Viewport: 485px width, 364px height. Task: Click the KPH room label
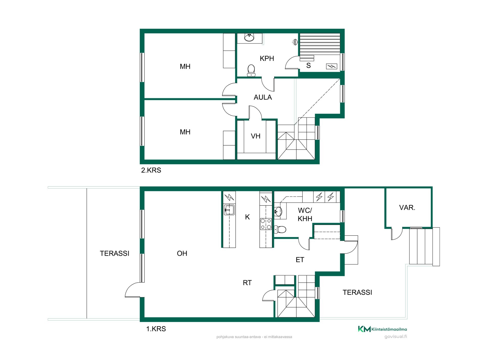[267, 58]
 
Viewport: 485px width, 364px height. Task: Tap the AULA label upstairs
[263, 97]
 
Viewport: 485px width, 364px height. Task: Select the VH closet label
[255, 136]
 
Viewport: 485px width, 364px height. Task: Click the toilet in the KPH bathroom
[251, 70]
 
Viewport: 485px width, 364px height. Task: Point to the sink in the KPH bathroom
[249, 37]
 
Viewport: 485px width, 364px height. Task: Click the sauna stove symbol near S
[331, 66]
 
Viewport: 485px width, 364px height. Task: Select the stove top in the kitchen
[266, 224]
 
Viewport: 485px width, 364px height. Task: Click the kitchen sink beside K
[229, 210]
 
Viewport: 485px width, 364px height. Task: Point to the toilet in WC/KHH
[280, 230]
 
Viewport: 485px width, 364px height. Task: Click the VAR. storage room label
[407, 208]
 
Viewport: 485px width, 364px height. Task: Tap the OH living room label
[182, 253]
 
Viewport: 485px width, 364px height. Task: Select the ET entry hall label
[300, 260]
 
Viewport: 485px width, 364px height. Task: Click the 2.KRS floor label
[151, 170]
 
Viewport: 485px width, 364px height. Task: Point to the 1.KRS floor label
[156, 329]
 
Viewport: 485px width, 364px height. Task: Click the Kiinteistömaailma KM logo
[382, 329]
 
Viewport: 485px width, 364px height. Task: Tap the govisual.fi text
[396, 336]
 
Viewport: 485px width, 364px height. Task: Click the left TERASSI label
[114, 253]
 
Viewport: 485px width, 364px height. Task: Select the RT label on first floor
[247, 283]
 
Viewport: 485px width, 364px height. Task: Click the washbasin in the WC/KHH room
[278, 211]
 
